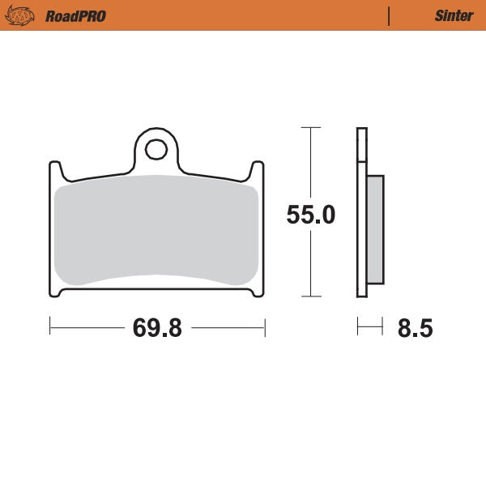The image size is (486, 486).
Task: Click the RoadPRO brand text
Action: (x=75, y=15)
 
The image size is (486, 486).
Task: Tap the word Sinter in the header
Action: (x=454, y=15)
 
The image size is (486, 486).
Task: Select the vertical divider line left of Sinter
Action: (x=390, y=15)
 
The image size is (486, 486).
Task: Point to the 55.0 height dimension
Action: (x=311, y=215)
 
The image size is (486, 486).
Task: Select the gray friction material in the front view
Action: (x=156, y=231)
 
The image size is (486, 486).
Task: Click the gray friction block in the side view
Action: (x=376, y=230)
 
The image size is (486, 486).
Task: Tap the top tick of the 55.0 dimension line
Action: (x=307, y=127)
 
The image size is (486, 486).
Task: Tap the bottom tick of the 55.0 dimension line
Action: (x=307, y=296)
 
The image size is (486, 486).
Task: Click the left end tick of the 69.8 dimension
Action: (x=50, y=327)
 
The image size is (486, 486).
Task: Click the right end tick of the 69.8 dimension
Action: (x=265, y=327)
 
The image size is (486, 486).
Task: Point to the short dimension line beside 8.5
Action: (x=369, y=327)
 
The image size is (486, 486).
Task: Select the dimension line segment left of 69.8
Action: (x=85, y=327)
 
